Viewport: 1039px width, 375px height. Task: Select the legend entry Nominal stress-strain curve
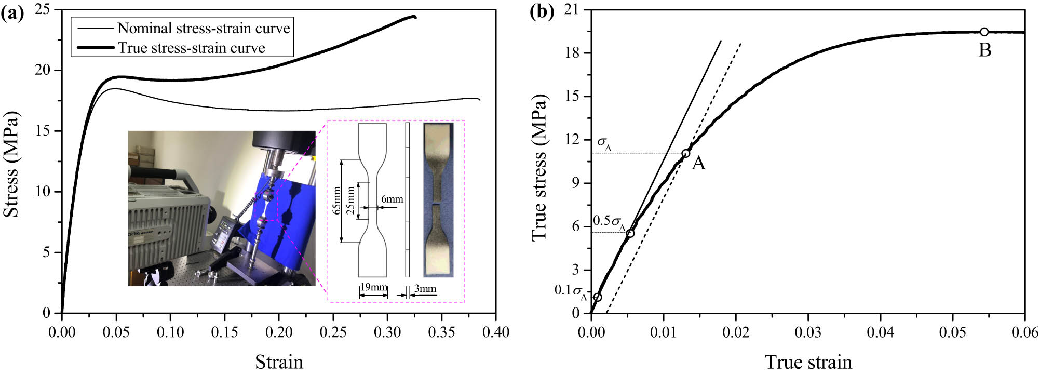[204, 28]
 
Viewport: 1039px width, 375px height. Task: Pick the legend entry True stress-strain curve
[191, 48]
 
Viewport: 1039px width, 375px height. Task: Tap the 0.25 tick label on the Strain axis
[333, 332]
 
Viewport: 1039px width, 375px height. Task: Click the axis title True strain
[808, 361]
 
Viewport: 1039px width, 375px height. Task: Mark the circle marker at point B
[984, 32]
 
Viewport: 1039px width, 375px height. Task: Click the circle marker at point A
[685, 153]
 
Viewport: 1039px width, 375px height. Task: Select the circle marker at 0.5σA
[630, 233]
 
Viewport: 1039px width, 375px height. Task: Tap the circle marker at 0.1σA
[598, 297]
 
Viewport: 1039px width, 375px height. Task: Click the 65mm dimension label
[337, 200]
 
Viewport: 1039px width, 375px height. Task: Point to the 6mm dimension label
[392, 199]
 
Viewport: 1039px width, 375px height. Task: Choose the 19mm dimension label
[374, 288]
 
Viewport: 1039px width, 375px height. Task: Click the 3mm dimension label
[425, 289]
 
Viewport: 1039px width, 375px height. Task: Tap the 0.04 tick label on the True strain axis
[881, 332]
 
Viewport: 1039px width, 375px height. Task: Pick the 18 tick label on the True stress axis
[573, 53]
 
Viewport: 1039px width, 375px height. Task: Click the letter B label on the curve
[985, 50]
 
